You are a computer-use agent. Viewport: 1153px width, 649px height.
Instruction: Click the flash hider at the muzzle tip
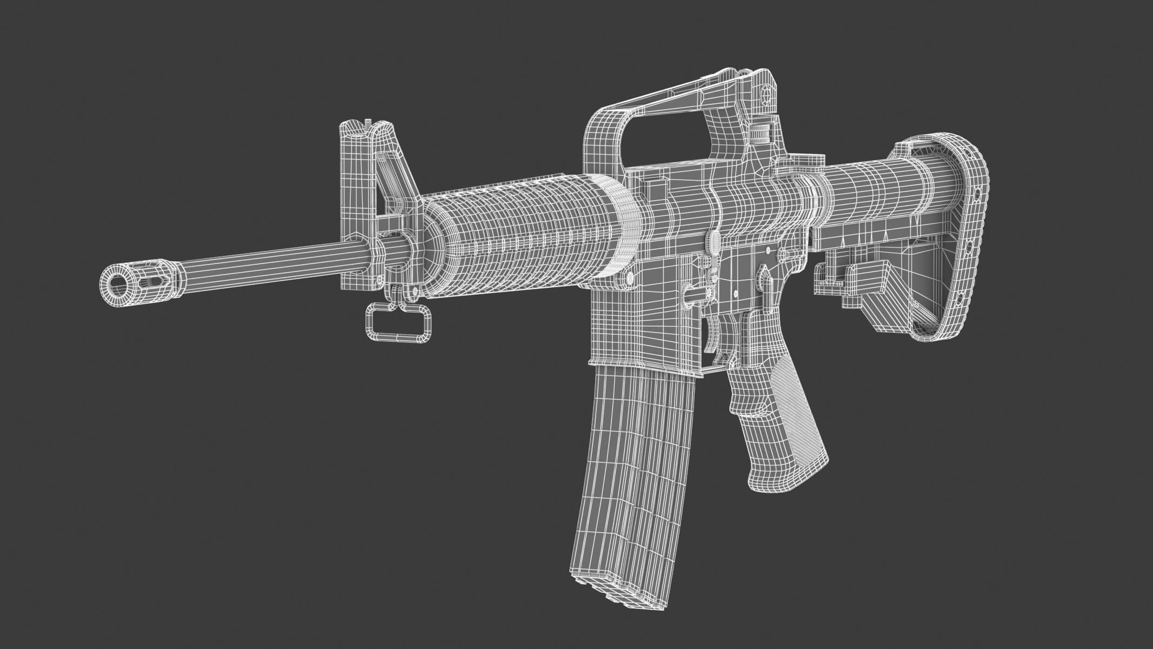pos(143,279)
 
